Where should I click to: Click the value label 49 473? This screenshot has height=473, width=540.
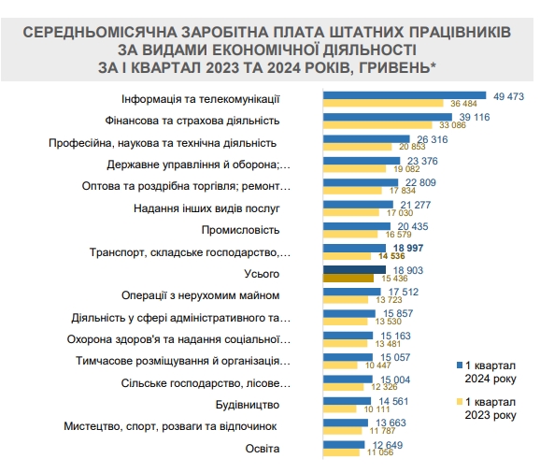508,95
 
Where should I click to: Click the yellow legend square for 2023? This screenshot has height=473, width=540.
459,401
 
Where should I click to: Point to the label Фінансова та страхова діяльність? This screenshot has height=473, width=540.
201,121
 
